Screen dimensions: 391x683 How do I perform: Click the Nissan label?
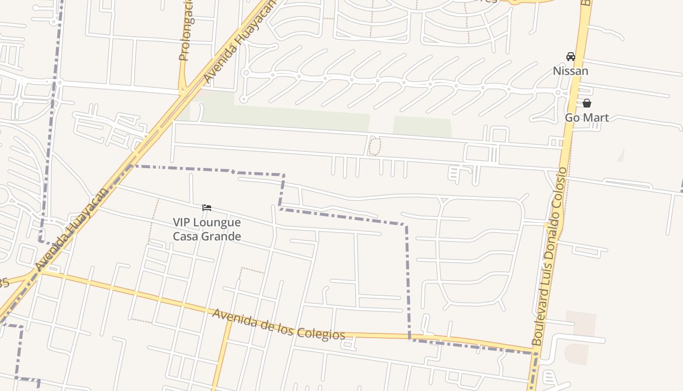click(570, 71)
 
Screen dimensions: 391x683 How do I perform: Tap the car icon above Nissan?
click(570, 57)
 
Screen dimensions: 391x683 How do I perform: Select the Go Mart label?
click(587, 118)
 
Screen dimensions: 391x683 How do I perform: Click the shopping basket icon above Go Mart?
click(587, 103)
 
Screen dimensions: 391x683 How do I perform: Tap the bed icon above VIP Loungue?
click(207, 208)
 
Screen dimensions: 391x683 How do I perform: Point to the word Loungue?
click(217, 222)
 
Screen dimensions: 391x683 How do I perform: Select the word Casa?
click(186, 237)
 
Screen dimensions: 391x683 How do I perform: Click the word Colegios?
click(322, 333)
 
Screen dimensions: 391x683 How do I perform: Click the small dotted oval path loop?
click(374, 146)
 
